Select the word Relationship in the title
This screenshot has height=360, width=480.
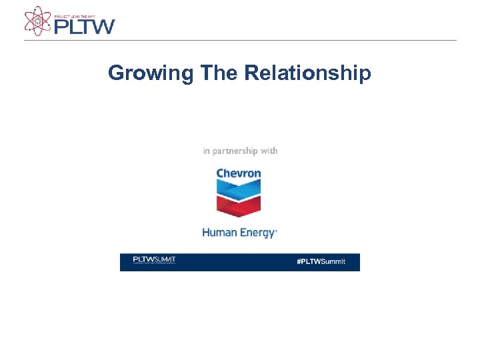[308, 73]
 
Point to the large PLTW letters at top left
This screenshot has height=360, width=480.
[84, 26]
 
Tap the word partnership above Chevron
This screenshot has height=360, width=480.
[235, 151]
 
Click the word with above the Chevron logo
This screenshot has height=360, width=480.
[269, 151]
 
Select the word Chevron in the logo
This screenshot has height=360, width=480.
[239, 173]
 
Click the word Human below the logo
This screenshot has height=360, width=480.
[217, 233]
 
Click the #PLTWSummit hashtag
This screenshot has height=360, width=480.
[321, 261]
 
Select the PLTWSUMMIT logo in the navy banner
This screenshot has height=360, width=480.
[154, 260]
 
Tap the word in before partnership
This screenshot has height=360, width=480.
[206, 151]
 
